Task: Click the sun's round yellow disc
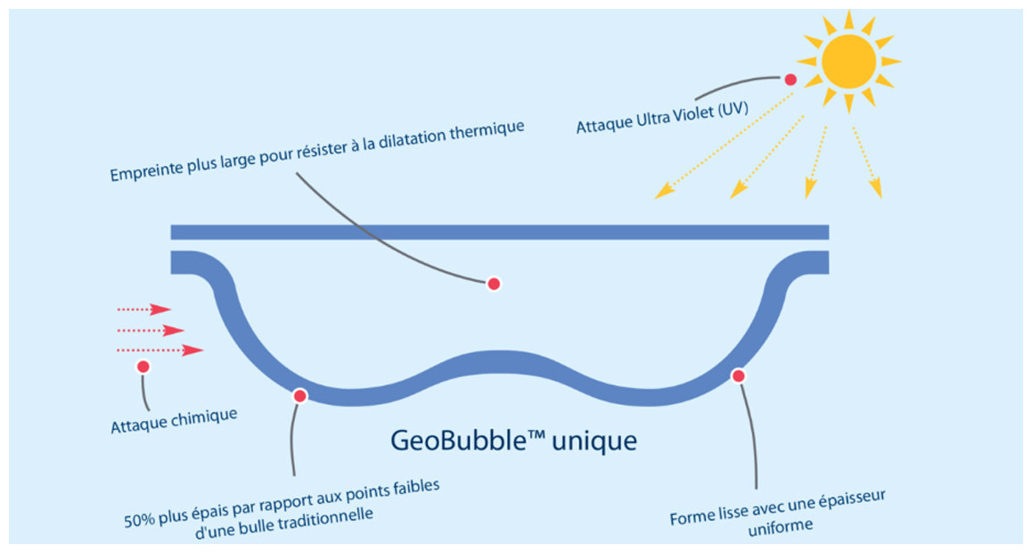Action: coord(848,61)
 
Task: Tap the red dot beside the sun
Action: coord(790,80)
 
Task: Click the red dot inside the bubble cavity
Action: coord(493,284)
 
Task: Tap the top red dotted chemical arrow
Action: coord(143,310)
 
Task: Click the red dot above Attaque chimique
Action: coord(143,366)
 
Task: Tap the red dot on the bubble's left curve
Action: coord(300,395)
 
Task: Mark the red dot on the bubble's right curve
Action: coord(738,376)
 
